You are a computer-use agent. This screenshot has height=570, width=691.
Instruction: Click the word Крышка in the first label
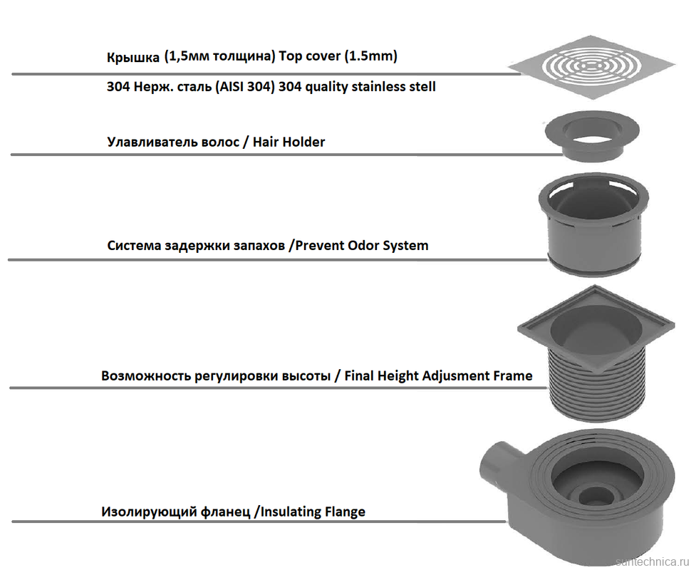tap(133, 57)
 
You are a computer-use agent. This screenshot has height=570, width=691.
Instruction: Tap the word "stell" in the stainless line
tap(419, 87)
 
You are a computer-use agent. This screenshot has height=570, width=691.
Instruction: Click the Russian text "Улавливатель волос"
tap(171, 142)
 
